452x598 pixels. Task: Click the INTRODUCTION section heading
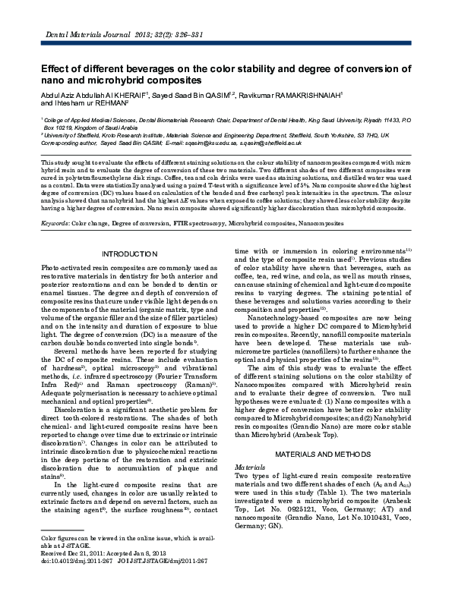pos(128,252)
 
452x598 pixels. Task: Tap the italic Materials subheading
pos(250,467)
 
